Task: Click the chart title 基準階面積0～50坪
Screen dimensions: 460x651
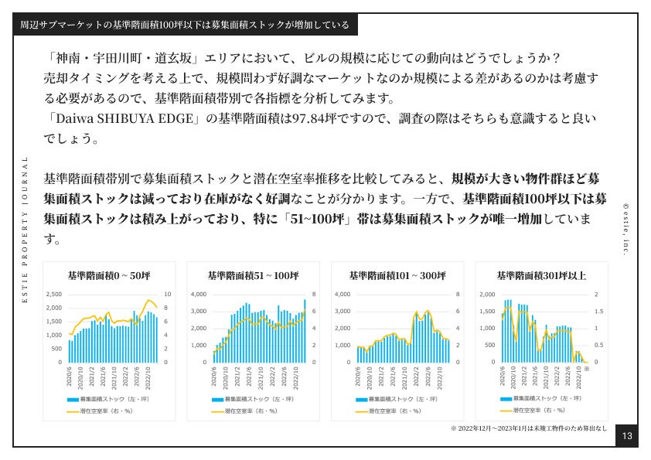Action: (108, 275)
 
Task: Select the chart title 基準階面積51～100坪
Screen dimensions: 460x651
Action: (253, 275)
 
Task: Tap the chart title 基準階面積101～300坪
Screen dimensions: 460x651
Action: (397, 275)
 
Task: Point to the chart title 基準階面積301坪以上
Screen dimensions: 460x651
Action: (540, 275)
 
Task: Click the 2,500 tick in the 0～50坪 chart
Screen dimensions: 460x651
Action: (53, 295)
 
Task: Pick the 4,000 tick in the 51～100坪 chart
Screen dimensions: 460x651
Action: (198, 295)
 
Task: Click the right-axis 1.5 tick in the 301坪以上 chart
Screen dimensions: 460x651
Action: (595, 312)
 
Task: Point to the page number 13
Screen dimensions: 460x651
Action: (626, 437)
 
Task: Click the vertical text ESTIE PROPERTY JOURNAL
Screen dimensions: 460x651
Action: (25, 230)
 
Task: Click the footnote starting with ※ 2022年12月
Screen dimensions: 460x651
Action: (528, 428)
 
